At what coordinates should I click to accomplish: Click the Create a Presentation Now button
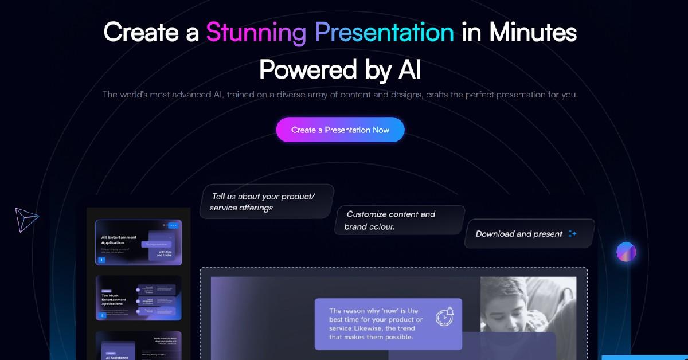coord(340,130)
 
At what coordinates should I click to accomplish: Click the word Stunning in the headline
coord(256,32)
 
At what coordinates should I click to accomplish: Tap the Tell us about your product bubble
coord(267,202)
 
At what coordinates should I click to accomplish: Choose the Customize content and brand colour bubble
coord(399,220)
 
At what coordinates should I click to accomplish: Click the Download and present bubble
coord(529,234)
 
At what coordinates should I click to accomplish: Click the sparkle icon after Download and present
coord(572,234)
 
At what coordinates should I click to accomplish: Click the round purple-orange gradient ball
coord(626,252)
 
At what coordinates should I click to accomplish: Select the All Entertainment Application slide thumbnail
coord(130,242)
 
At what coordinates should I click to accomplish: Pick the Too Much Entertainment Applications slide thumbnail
coord(130,298)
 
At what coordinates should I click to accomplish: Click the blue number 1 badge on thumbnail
coord(102,260)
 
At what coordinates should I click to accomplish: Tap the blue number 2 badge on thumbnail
coord(102,315)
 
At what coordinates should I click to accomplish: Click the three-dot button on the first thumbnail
coord(173,226)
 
